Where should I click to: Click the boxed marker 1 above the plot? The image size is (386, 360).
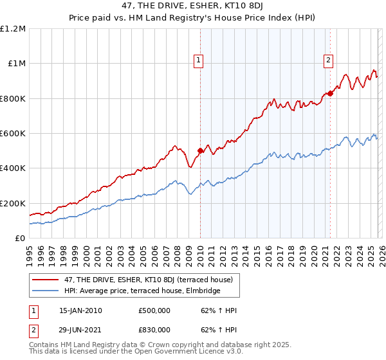click(199, 61)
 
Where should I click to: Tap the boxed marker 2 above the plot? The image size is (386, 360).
click(329, 61)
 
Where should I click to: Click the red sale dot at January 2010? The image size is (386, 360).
click(200, 151)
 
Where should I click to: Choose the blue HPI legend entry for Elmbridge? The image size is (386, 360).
click(142, 291)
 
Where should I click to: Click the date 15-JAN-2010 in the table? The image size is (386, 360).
click(80, 310)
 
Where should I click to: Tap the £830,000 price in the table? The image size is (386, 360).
click(154, 329)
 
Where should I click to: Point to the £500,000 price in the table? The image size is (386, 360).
click(154, 310)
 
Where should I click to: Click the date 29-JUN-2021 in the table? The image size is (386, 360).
click(80, 329)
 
